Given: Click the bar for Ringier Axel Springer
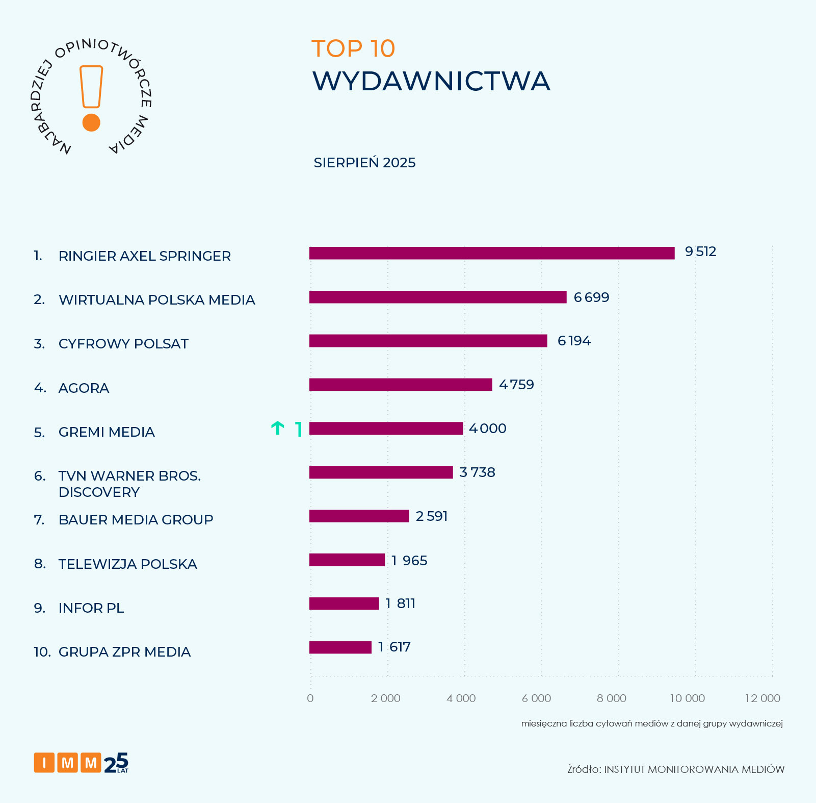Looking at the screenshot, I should (x=492, y=253).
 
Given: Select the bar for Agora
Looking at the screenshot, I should (x=401, y=385).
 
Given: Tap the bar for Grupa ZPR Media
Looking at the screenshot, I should (x=340, y=647).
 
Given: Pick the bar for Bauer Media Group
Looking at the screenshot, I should (x=359, y=516).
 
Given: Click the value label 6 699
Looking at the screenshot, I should (x=591, y=297).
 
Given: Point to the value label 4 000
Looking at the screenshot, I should (x=488, y=429).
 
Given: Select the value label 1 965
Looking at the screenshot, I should (x=409, y=561).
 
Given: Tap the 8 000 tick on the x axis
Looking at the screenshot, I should (x=612, y=698).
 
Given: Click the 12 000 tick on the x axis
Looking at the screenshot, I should (x=762, y=698).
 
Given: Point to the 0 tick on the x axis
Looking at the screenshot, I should (x=310, y=698).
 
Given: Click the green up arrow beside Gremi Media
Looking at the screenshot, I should (x=277, y=428).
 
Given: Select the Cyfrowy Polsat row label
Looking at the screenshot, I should (x=123, y=344).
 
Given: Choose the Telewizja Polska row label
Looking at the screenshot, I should (x=127, y=564).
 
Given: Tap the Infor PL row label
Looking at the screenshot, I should (x=91, y=608).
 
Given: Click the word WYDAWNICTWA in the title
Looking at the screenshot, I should (x=431, y=81).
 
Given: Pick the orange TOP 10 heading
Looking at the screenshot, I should (x=353, y=49).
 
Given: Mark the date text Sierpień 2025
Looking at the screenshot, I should (x=364, y=163).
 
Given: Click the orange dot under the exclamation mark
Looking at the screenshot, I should (x=91, y=122).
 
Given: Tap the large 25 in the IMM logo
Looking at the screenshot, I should (x=116, y=763).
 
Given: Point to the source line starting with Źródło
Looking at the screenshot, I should (x=676, y=769).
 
